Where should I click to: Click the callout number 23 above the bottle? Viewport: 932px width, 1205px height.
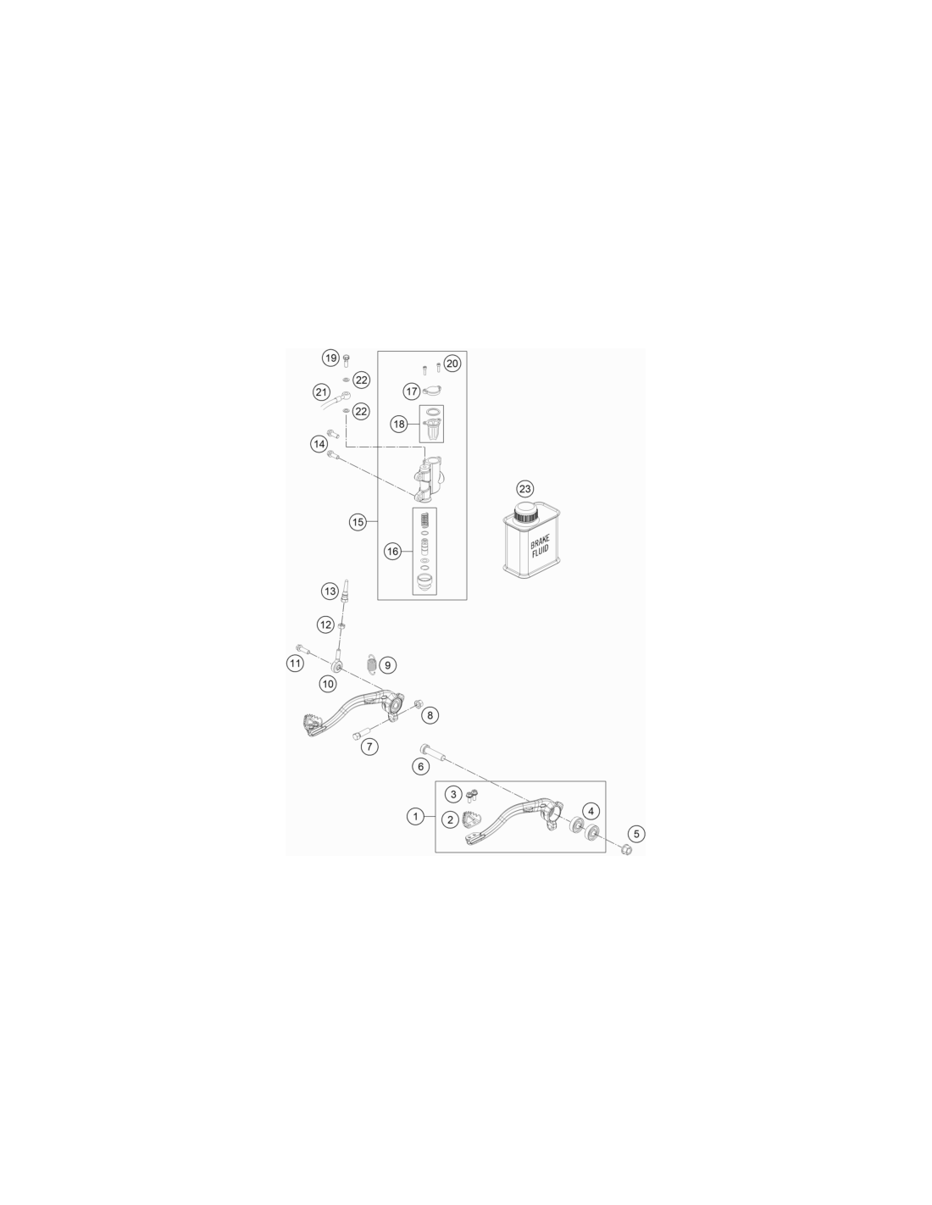[x=524, y=489]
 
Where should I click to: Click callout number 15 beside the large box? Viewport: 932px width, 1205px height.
[x=358, y=522]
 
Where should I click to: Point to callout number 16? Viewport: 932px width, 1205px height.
[x=392, y=551]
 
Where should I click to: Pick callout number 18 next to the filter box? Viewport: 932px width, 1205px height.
[x=399, y=425]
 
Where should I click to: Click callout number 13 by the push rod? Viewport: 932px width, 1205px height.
[x=330, y=591]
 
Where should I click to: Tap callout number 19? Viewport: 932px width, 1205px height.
[x=331, y=358]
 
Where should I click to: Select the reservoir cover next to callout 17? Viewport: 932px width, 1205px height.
[x=432, y=391]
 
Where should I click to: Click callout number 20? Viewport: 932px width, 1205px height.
[x=452, y=364]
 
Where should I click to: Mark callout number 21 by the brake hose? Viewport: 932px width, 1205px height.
[x=322, y=392]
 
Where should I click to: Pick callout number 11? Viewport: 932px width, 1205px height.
[x=295, y=663]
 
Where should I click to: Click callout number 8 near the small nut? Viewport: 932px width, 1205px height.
[x=430, y=715]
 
